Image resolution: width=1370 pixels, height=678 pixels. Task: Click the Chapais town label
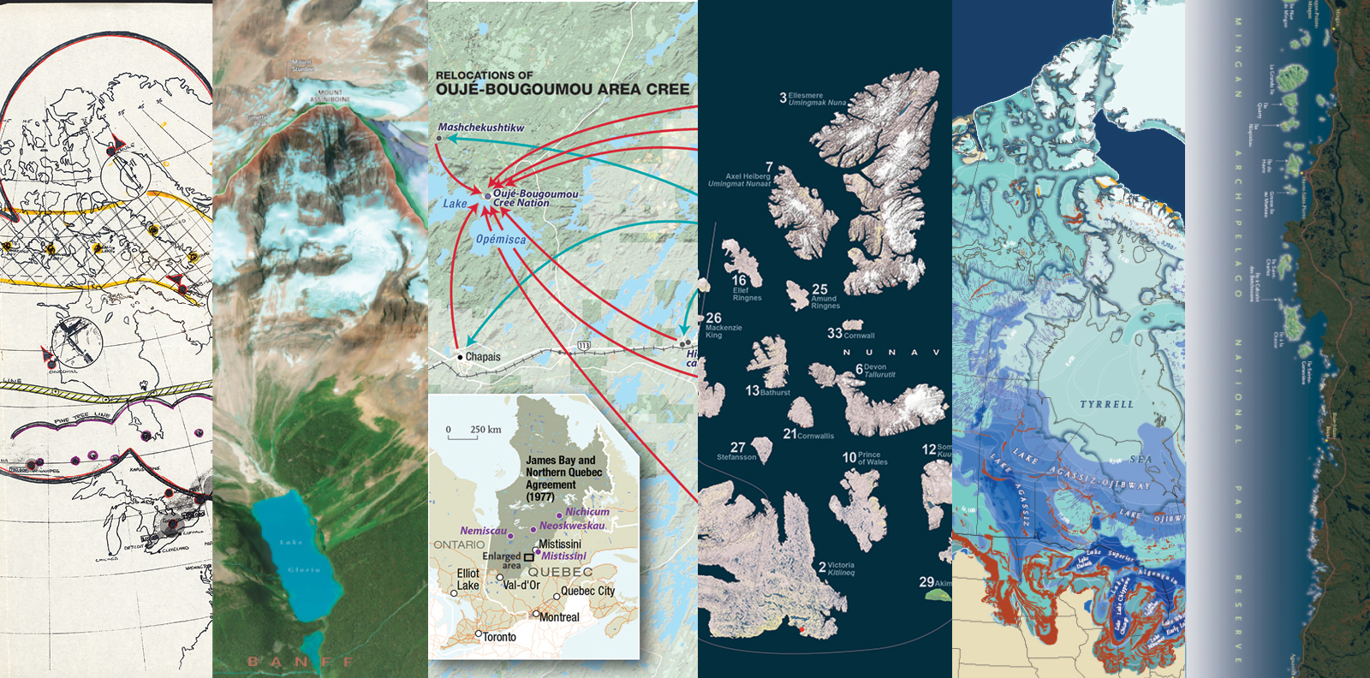click(x=482, y=357)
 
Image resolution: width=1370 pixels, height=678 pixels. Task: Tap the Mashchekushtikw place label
click(x=480, y=128)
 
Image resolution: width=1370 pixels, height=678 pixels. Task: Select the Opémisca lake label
click(x=501, y=240)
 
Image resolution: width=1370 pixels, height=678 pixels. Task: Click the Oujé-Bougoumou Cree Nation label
click(x=534, y=199)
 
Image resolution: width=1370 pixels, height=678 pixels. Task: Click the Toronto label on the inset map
click(x=498, y=637)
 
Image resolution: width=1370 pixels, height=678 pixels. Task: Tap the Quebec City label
click(x=587, y=592)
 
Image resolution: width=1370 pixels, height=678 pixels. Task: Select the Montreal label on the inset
click(x=558, y=617)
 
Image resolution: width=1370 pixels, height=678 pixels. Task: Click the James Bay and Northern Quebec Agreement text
click(x=563, y=478)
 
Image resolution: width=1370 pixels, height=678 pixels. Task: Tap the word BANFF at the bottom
click(x=301, y=662)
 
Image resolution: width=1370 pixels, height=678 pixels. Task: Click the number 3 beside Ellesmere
click(x=783, y=98)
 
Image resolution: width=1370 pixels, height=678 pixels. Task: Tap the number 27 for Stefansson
click(x=737, y=447)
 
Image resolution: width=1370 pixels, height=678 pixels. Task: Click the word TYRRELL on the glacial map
click(x=1106, y=404)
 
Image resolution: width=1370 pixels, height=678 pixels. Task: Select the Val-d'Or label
click(x=521, y=586)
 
